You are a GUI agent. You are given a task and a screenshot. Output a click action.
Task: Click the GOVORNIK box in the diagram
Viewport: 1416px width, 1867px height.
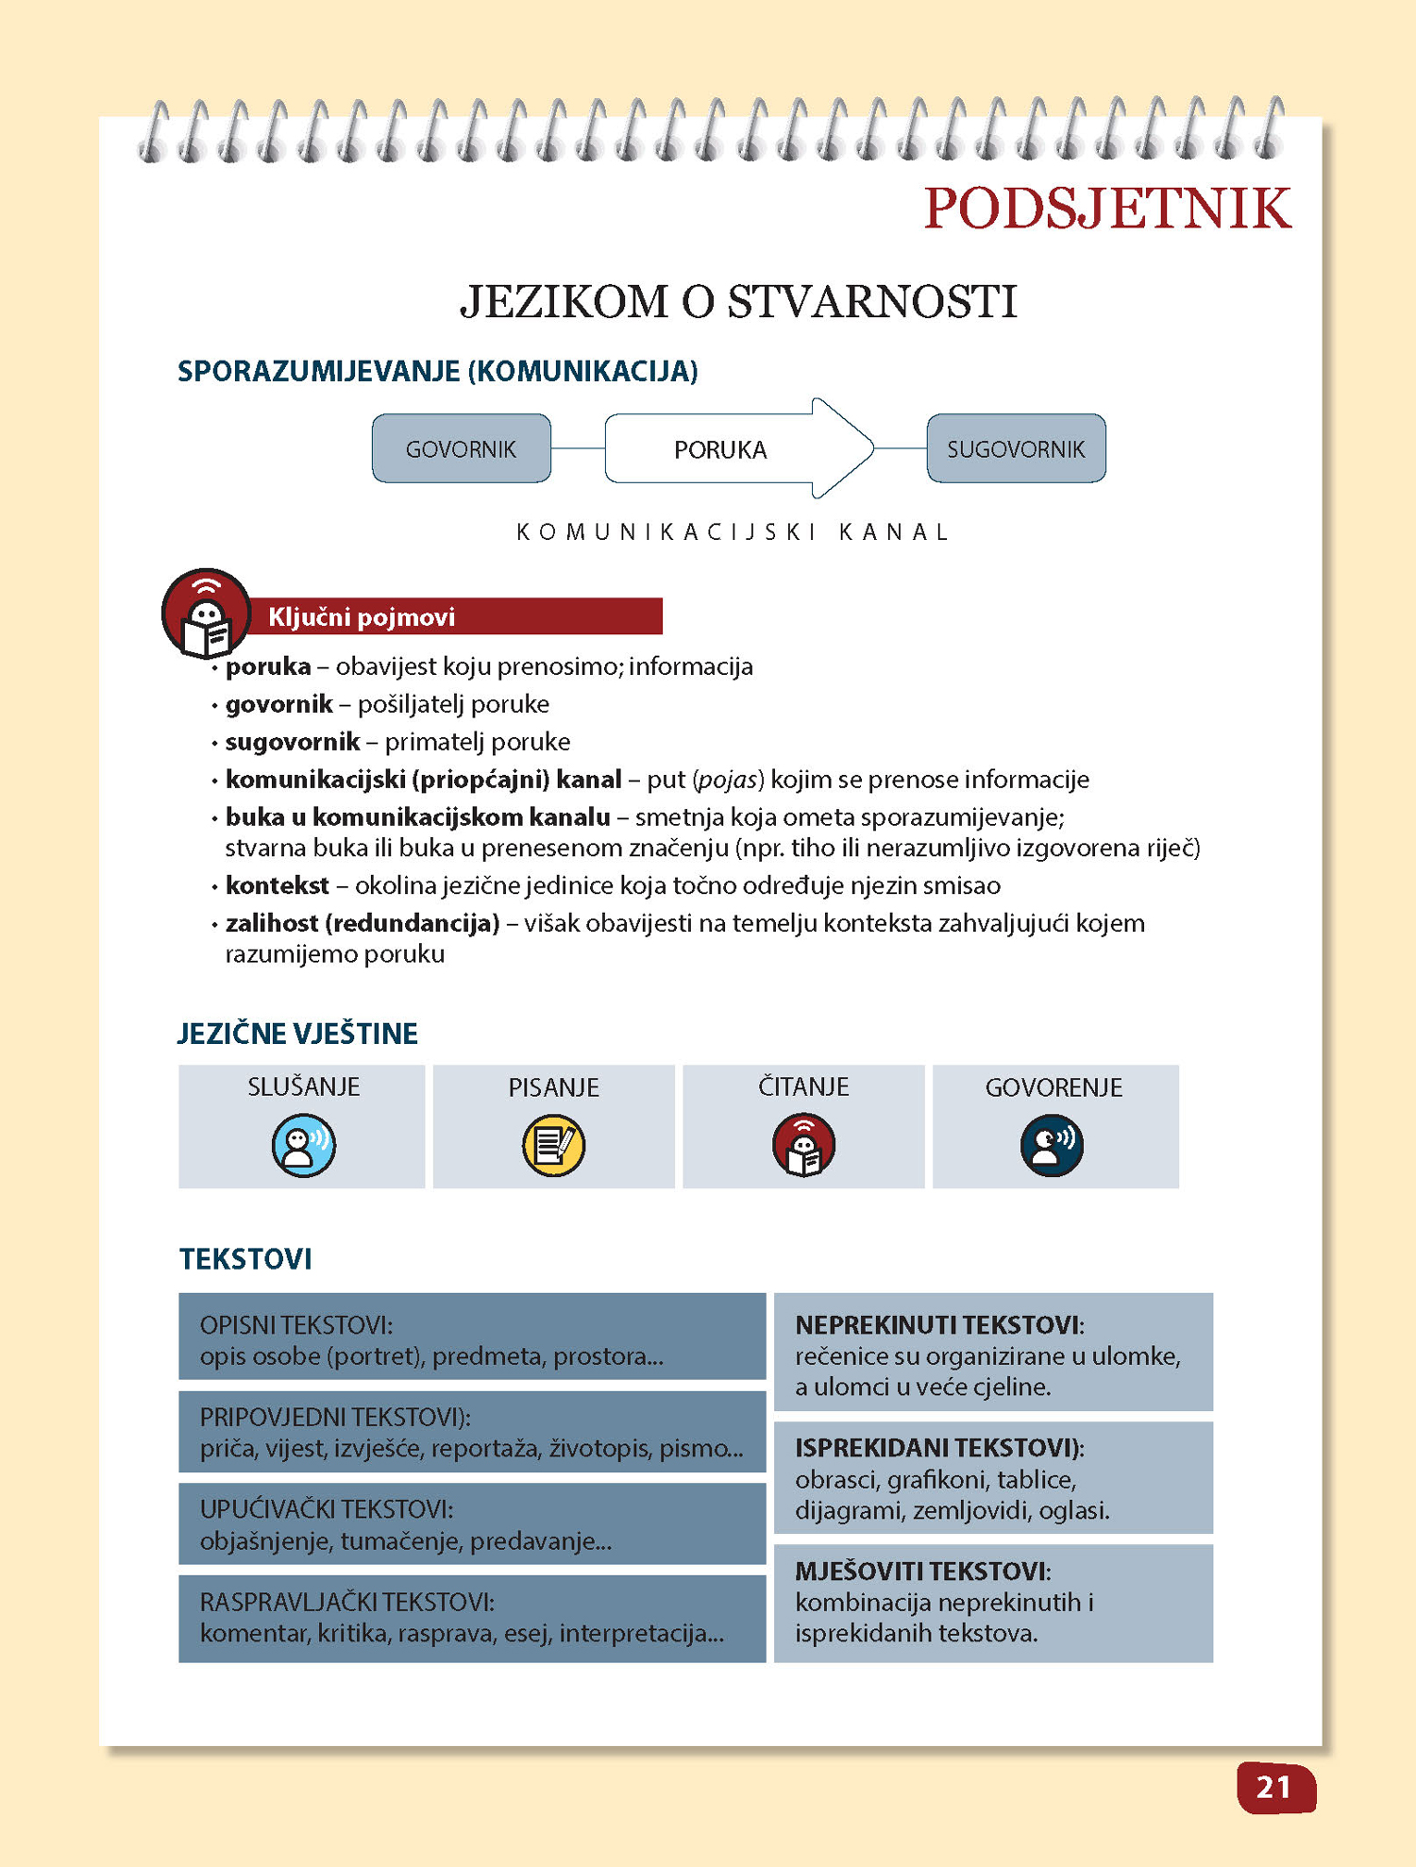pos(461,449)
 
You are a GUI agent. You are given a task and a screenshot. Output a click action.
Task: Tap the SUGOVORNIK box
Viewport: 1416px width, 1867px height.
pos(1016,449)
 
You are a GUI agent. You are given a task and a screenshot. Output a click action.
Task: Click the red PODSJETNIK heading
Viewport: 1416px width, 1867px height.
pos(1106,209)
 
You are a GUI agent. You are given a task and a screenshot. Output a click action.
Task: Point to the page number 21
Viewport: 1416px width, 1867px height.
pos(1274,1787)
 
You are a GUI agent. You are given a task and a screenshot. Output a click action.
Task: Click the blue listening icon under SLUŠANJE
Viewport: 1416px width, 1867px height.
pos(303,1145)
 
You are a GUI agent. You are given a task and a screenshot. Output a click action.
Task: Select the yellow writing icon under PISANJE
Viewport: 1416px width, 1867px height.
pos(553,1145)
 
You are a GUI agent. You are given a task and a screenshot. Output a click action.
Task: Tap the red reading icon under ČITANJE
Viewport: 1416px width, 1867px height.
pos(803,1145)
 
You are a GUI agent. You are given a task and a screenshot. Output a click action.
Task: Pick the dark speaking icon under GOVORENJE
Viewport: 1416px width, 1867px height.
pos(1052,1145)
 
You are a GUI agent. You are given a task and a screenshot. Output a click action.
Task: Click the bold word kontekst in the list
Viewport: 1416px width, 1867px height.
pos(277,885)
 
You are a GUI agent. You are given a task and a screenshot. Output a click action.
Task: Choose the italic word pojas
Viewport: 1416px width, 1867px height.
pos(729,780)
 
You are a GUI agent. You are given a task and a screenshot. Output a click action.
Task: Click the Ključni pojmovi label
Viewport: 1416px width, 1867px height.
pos(362,617)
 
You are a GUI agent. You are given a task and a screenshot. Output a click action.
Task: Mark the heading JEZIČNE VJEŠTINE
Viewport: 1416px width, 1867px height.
pos(297,1034)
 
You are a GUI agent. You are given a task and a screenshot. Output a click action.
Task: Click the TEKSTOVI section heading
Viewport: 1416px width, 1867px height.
pos(245,1259)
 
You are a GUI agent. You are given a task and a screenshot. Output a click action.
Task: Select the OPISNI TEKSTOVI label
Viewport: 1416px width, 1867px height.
pos(295,1325)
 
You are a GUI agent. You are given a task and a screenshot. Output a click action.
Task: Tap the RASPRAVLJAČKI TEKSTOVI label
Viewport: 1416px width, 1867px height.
pos(346,1602)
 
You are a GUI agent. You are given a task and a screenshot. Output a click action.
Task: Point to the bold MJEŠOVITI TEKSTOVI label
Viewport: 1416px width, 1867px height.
pos(921,1572)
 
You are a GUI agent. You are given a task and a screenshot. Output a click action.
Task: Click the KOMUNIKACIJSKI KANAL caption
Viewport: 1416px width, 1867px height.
pos(732,532)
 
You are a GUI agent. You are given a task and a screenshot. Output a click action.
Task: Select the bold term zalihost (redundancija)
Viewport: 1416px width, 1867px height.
pos(362,923)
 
